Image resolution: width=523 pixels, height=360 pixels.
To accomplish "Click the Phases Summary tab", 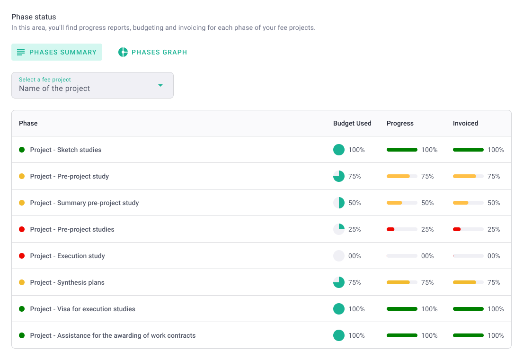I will click(x=57, y=52).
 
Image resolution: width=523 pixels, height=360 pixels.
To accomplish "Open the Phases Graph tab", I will click(x=152, y=52).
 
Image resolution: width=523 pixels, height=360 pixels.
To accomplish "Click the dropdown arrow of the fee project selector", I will click(x=160, y=85).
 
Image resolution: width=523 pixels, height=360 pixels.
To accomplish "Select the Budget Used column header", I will click(x=352, y=123).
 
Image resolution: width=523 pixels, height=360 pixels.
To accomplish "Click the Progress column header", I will click(x=400, y=123).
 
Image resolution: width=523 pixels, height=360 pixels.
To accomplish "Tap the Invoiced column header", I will click(x=465, y=123).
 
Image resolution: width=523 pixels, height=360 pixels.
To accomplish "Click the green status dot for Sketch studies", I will click(x=22, y=150).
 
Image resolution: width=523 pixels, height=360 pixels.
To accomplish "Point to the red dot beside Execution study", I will click(x=22, y=256).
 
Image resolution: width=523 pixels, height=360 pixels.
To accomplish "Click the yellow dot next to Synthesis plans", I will click(x=22, y=282).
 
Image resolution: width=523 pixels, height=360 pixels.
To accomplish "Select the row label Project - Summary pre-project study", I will click(x=84, y=203).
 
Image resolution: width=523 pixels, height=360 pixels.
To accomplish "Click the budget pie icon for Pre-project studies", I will click(x=339, y=229).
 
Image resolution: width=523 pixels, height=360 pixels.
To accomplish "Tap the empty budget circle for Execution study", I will click(x=339, y=256).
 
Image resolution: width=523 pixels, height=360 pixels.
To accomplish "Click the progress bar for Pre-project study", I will click(x=402, y=176).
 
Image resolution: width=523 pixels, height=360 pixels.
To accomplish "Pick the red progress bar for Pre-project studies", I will click(x=402, y=229).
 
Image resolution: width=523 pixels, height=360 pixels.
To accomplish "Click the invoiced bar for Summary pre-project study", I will click(x=468, y=203).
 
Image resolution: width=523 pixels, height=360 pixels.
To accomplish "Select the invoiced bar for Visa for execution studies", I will click(x=468, y=309).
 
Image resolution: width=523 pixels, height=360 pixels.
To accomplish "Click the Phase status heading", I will click(x=34, y=17).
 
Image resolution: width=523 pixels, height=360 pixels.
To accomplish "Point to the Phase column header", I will click(x=28, y=123).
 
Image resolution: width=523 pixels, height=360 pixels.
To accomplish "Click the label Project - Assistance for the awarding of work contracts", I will click(x=113, y=335).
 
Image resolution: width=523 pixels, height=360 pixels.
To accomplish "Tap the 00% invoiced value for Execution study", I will click(x=494, y=256).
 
